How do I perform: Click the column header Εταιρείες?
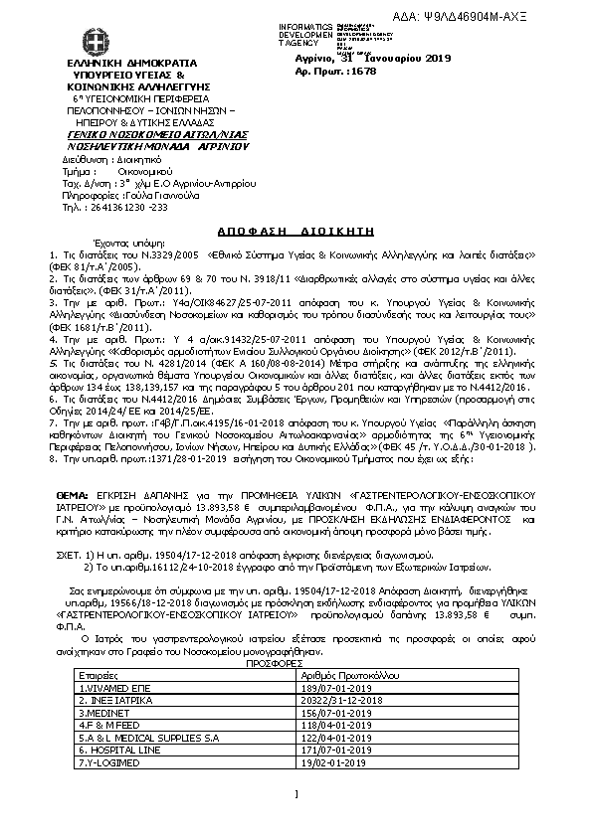[x=97, y=674]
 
